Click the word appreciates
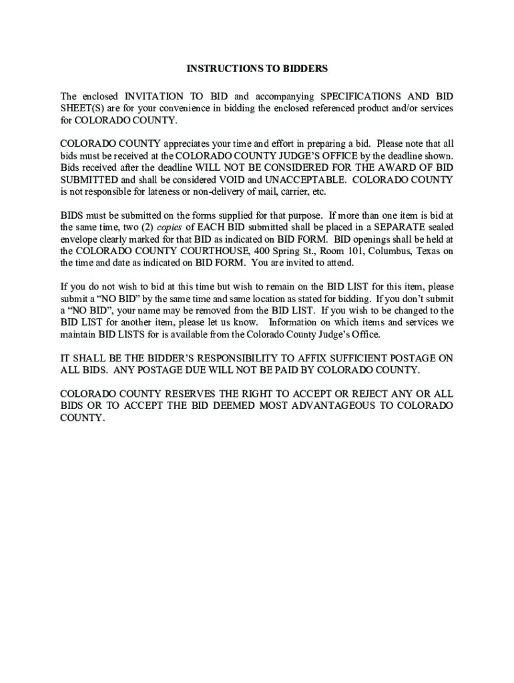click(x=189, y=143)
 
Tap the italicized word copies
click(x=169, y=227)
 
